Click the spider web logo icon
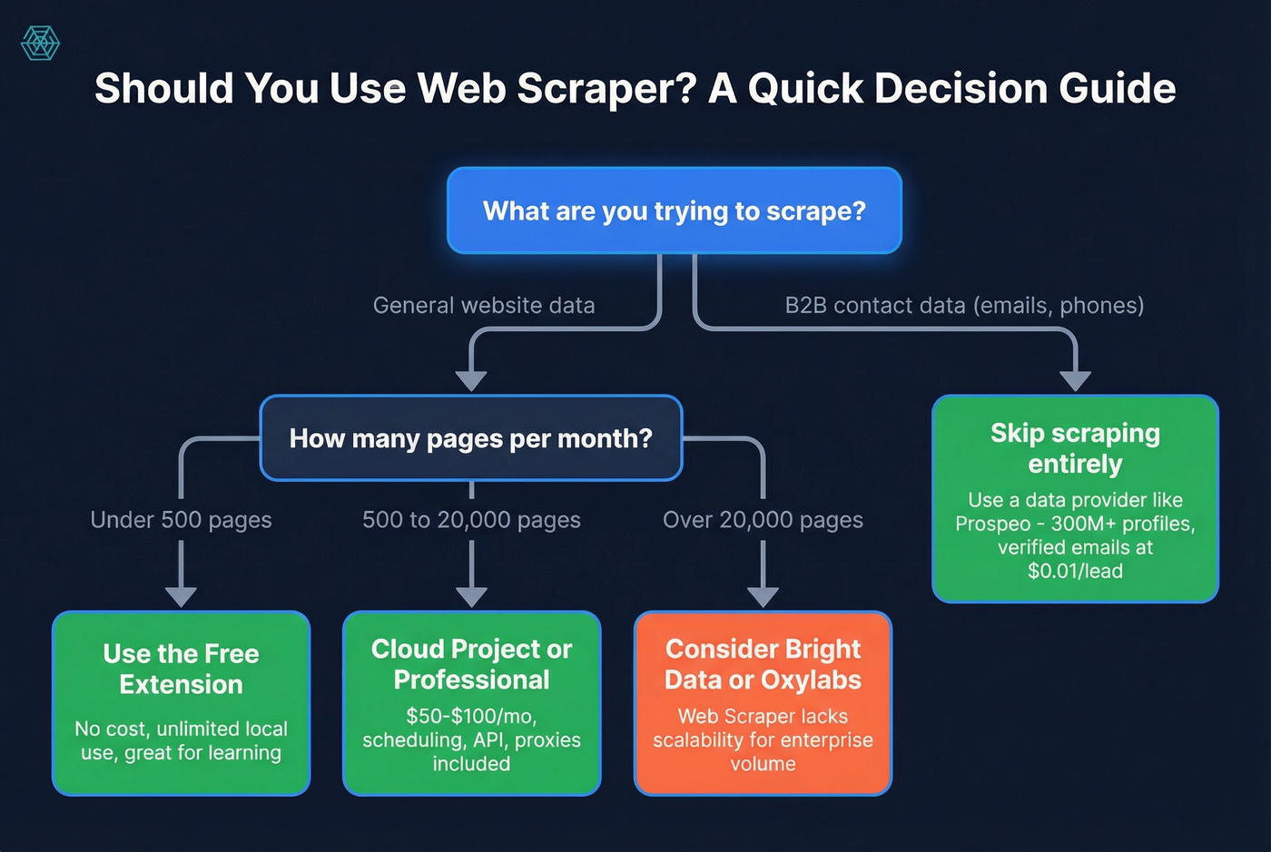(x=40, y=43)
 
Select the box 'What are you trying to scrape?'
(x=674, y=211)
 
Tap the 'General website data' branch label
(x=484, y=306)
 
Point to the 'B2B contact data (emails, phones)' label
(x=964, y=306)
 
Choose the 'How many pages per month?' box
(x=470, y=438)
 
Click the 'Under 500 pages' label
(x=181, y=520)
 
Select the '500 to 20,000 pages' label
(x=471, y=520)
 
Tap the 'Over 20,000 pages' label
(x=763, y=520)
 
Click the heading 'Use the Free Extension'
(x=181, y=669)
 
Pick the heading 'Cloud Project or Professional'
(x=471, y=664)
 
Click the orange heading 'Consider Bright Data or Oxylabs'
(x=763, y=664)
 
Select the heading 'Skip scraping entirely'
(x=1075, y=448)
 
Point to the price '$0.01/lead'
(x=1075, y=572)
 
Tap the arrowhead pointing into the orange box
(x=763, y=597)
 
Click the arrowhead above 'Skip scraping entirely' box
(x=1075, y=381)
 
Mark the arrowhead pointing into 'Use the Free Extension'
(x=181, y=597)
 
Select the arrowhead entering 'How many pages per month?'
(x=471, y=381)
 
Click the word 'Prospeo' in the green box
(x=992, y=524)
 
